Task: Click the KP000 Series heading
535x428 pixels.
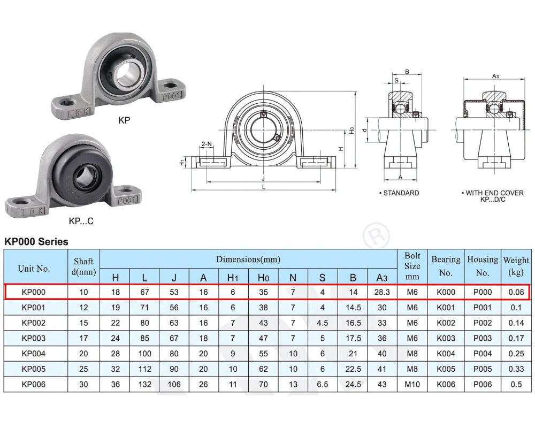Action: (x=36, y=242)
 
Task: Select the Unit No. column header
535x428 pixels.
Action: (x=34, y=269)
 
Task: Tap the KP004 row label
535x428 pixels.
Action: (x=34, y=354)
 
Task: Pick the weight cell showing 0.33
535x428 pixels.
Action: (x=516, y=369)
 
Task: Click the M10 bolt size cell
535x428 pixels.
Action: (x=412, y=384)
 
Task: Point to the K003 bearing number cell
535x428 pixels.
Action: (x=446, y=338)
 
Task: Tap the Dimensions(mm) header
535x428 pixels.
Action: (x=248, y=259)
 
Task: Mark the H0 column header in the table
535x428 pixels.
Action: (x=263, y=278)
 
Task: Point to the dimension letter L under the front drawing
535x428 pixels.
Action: (x=264, y=187)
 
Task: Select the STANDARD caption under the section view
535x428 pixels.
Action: (x=399, y=193)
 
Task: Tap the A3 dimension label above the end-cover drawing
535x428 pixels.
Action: (x=495, y=77)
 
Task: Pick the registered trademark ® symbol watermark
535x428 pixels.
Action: (x=376, y=236)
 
